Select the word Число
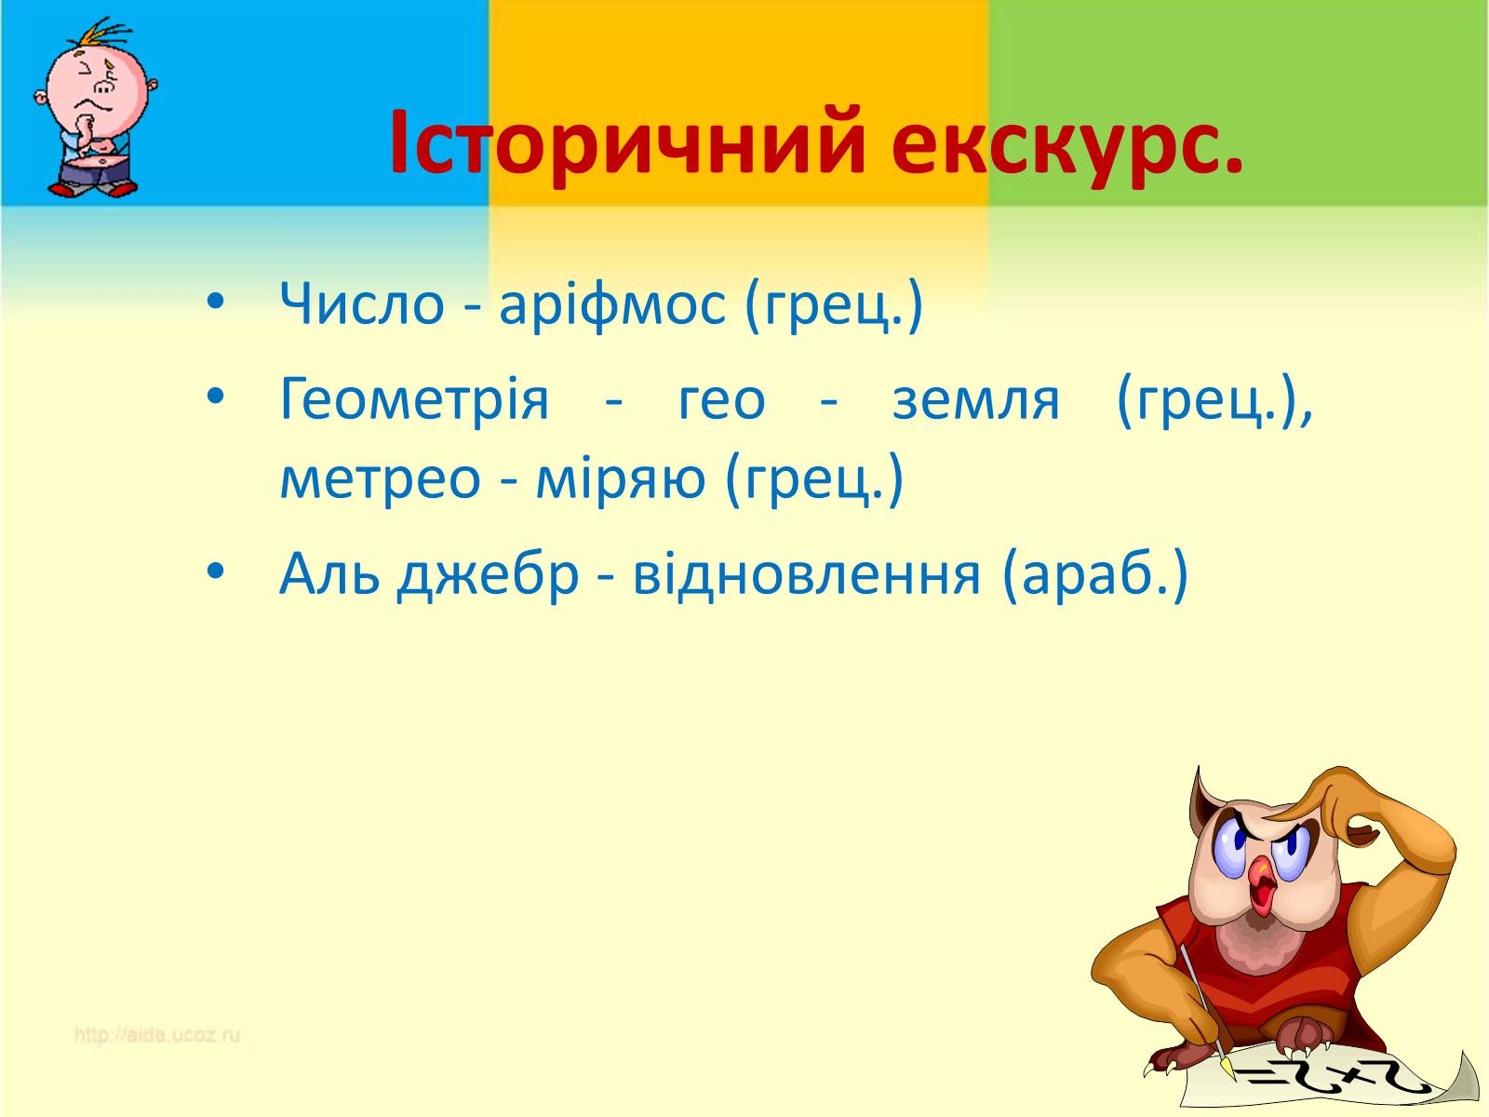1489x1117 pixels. click(x=362, y=303)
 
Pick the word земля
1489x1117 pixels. click(x=975, y=401)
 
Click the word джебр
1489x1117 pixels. click(x=488, y=576)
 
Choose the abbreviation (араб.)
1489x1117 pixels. click(x=1094, y=576)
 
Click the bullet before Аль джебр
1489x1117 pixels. click(x=215, y=571)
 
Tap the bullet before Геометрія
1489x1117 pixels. click(x=215, y=396)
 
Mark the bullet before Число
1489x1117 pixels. click(x=215, y=301)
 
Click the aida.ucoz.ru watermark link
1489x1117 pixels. click(x=156, y=1036)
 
